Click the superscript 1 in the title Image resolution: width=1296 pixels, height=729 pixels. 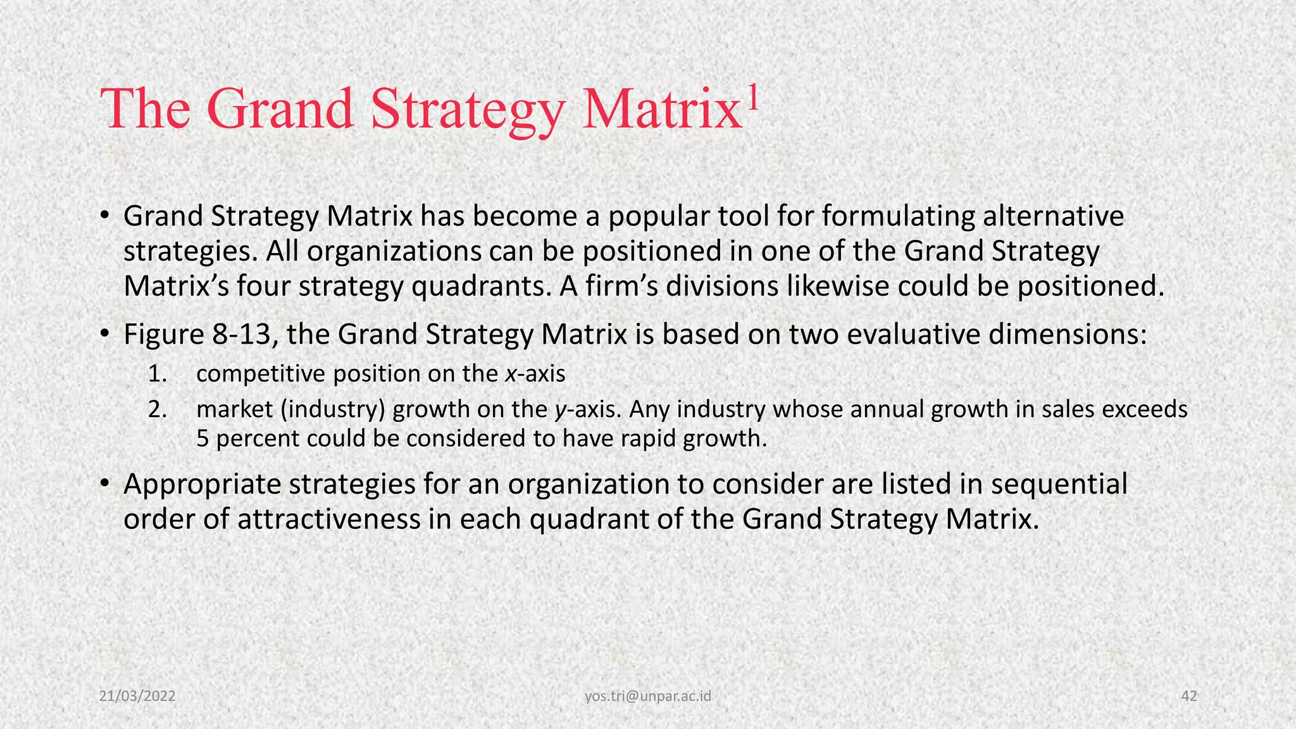pyautogui.click(x=752, y=100)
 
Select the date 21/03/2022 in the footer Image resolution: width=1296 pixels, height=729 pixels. pyautogui.click(x=137, y=696)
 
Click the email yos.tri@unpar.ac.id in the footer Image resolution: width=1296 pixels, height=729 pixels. pyautogui.click(x=648, y=696)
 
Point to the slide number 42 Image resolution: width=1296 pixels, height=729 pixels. pyautogui.click(x=1189, y=696)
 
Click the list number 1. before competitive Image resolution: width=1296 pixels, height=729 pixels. pyautogui.click(x=157, y=374)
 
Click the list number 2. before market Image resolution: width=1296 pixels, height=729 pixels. pyautogui.click(x=157, y=409)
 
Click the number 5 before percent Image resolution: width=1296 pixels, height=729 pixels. pyautogui.click(x=202, y=438)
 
